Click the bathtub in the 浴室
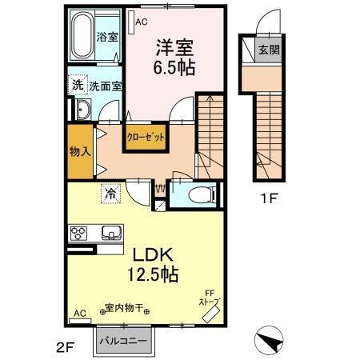point(82,36)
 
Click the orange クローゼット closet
point(146,137)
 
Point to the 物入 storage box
point(78,149)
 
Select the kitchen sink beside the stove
point(110,233)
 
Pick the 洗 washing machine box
point(76,84)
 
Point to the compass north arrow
point(271,342)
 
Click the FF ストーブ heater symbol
point(211,310)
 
